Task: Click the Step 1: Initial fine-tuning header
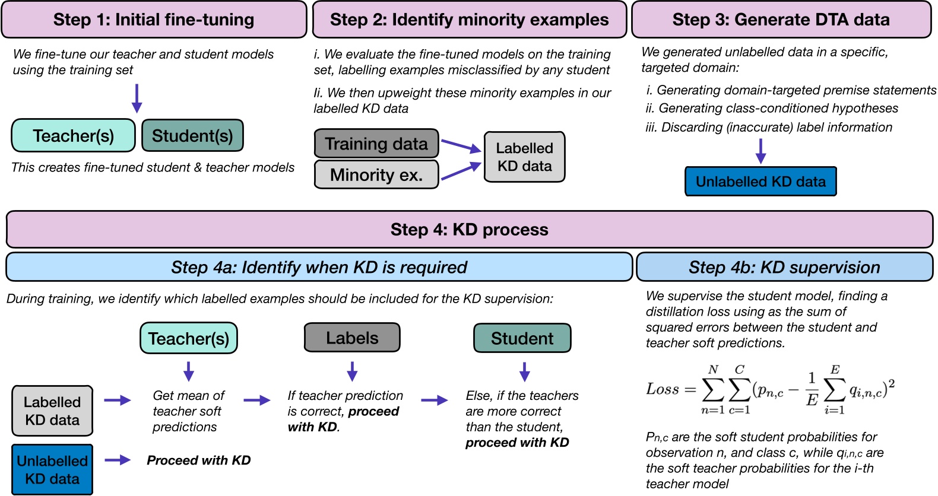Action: tap(154, 20)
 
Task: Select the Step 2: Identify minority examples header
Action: tap(469, 20)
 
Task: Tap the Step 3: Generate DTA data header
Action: tap(781, 20)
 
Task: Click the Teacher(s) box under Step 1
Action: tap(74, 136)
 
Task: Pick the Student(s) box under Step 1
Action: tap(192, 136)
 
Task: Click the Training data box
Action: tap(376, 144)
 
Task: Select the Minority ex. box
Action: tap(376, 174)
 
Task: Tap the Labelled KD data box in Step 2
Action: tap(524, 157)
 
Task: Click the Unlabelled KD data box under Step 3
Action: tap(760, 182)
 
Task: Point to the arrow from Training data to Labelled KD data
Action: tap(461, 145)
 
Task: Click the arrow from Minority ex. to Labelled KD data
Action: tap(461, 171)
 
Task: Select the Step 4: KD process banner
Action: tap(469, 230)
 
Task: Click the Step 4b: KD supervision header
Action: tap(784, 267)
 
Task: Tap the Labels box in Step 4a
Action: tap(352, 338)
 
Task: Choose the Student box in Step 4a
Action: tap(522, 338)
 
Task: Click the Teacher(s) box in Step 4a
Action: tap(189, 338)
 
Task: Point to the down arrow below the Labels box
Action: tap(352, 371)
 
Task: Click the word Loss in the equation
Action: tap(663, 389)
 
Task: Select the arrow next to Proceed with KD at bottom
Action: tap(118, 460)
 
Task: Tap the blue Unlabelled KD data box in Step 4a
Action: tap(52, 469)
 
